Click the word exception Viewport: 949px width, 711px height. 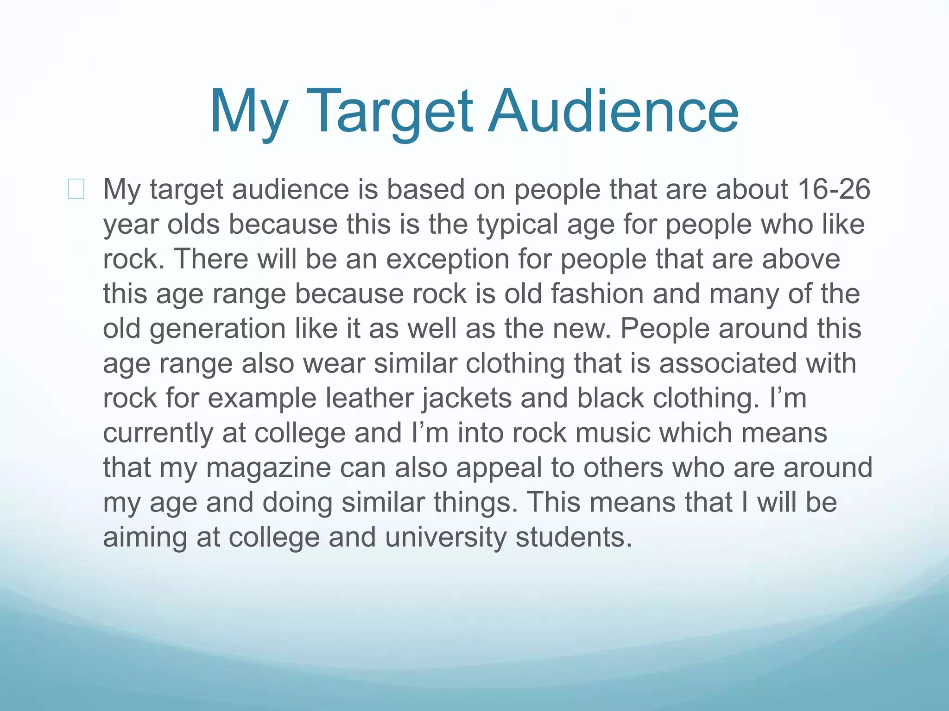click(x=448, y=259)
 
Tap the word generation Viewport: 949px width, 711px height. click(x=217, y=329)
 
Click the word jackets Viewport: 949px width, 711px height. click(x=467, y=398)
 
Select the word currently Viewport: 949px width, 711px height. click(x=158, y=433)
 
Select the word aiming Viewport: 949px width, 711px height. click(x=145, y=537)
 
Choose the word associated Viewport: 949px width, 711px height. click(x=728, y=363)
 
